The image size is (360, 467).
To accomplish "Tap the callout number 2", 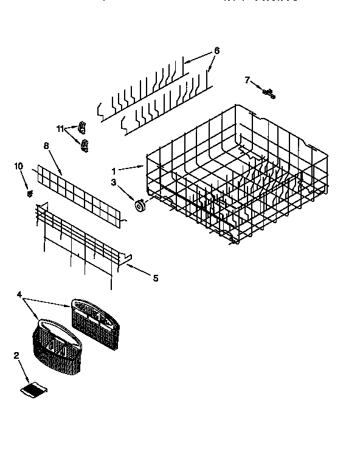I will point(16,356).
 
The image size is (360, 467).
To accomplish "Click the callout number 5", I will point(155,278).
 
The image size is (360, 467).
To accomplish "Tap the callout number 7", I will point(247,80).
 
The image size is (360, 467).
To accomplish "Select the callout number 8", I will point(46,146).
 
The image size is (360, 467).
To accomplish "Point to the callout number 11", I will point(60,128).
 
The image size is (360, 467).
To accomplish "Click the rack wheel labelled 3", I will point(139,206).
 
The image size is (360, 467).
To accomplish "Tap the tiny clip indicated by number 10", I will point(29,193).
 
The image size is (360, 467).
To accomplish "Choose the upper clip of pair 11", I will point(82,126).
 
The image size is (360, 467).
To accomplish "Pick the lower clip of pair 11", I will point(84,145).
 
